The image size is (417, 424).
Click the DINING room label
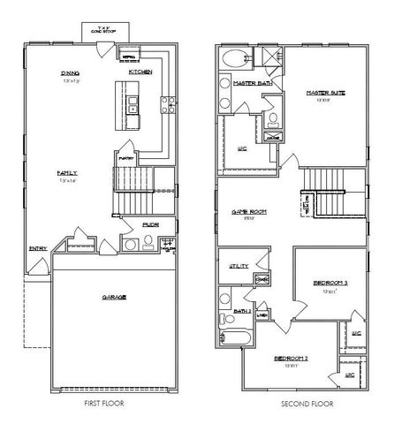[x=71, y=73]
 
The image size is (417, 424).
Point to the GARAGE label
[x=113, y=297]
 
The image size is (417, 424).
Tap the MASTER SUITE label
[x=324, y=92]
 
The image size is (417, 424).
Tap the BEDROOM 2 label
[x=291, y=358]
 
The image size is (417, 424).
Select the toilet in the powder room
[x=131, y=244]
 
